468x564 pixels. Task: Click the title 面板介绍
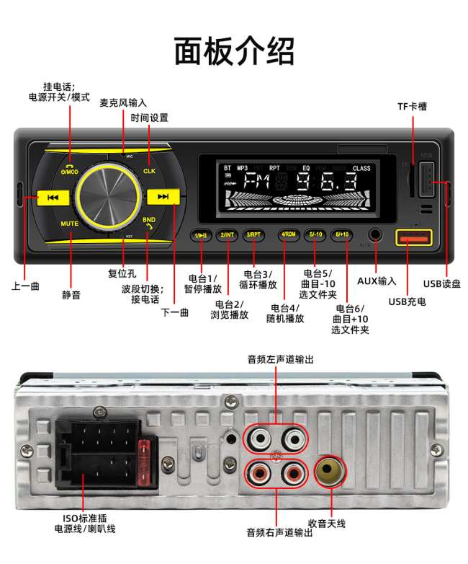point(234,52)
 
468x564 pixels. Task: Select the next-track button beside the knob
point(163,196)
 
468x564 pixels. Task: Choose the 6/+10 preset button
point(342,234)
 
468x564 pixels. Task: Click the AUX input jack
point(375,234)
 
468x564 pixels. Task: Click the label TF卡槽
point(412,106)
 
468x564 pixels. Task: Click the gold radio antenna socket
point(330,472)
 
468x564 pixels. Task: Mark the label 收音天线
point(326,523)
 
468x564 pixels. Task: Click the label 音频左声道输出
point(280,358)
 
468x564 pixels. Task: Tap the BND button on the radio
point(149,221)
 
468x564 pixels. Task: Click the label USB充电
point(408,301)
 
